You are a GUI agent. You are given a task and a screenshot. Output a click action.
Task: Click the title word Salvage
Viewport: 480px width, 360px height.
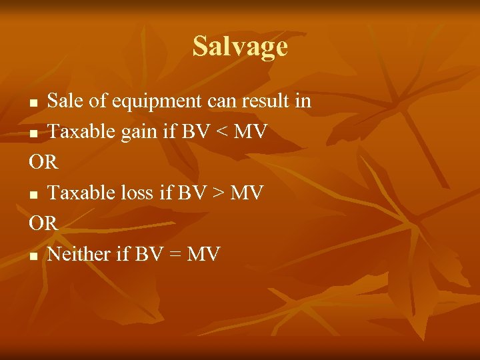[240, 46]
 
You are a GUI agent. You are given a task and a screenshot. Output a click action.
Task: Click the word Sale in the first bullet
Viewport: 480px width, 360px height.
[64, 101]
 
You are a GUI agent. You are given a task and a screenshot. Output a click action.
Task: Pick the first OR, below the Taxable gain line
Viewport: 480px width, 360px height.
[44, 162]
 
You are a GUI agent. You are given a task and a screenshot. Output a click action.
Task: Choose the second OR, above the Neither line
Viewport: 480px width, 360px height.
[44, 223]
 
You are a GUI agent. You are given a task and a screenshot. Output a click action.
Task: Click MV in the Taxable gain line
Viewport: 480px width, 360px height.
[249, 132]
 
